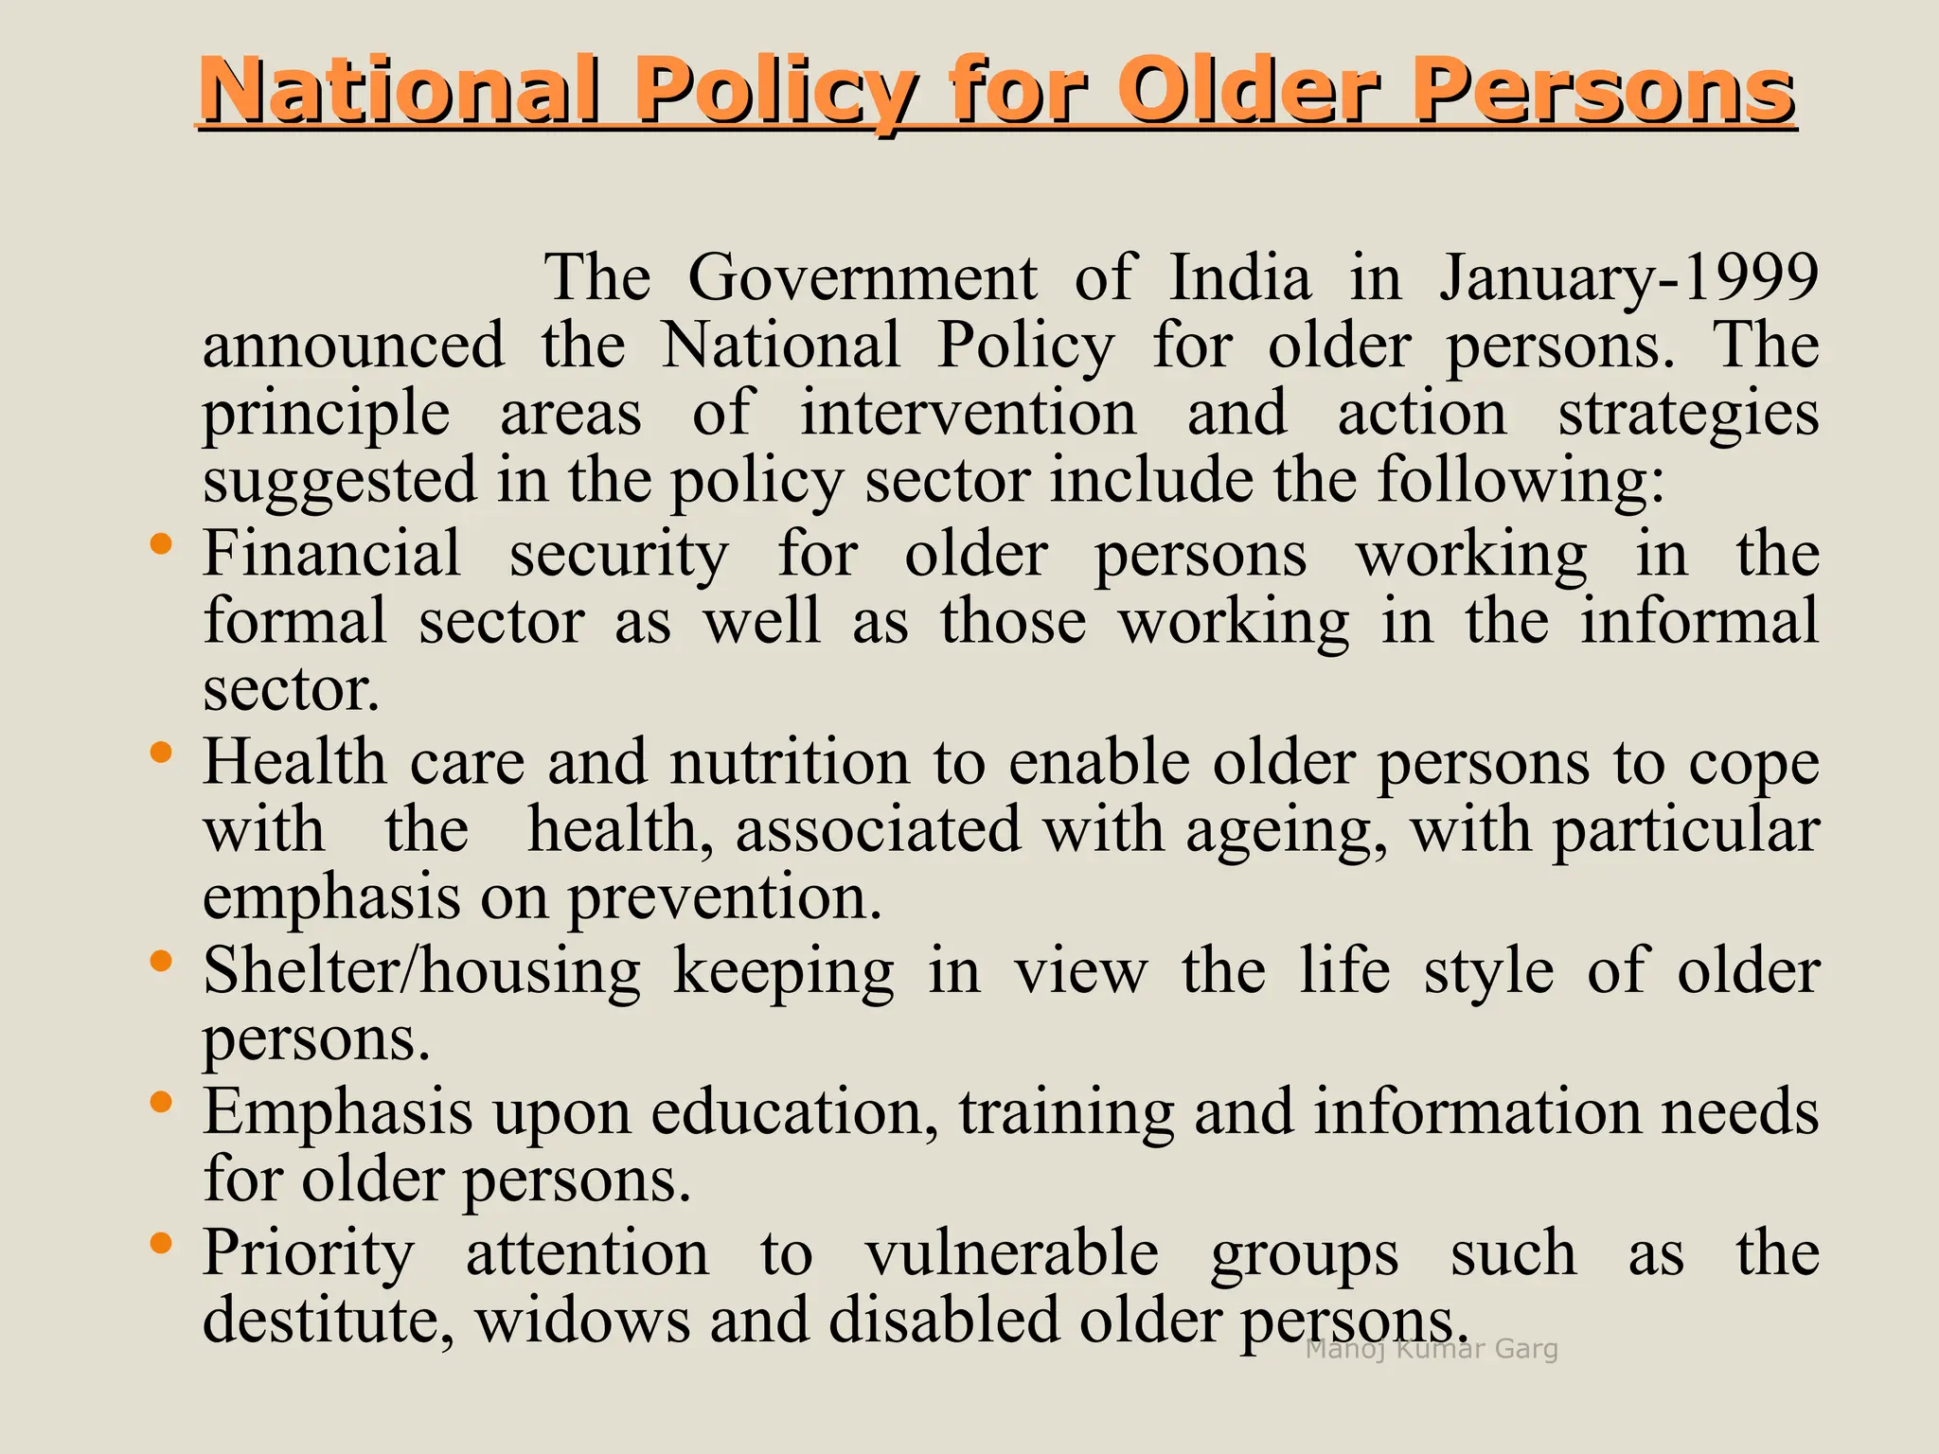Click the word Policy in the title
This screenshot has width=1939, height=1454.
coord(775,92)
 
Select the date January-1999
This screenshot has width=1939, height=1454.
coord(1628,278)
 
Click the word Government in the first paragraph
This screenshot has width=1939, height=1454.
coord(863,278)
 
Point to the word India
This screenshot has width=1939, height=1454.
coord(1240,278)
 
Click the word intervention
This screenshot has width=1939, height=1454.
coord(968,415)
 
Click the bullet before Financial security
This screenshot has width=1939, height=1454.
coord(161,544)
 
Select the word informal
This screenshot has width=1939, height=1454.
coord(1699,621)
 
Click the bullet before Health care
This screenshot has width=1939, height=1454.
coord(161,753)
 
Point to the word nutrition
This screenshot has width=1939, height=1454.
coord(790,762)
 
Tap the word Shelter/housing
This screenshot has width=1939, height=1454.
coord(422,972)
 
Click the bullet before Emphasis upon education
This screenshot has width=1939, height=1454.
coord(161,1102)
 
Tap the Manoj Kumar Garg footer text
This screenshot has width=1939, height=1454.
coord(1432,1349)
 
